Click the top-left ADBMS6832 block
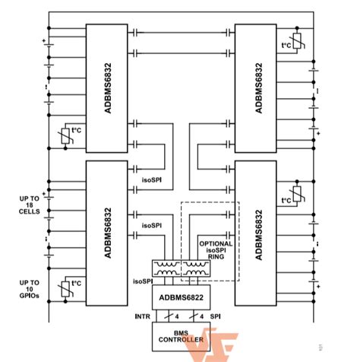tap(106, 87)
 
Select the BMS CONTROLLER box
tap(181, 336)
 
